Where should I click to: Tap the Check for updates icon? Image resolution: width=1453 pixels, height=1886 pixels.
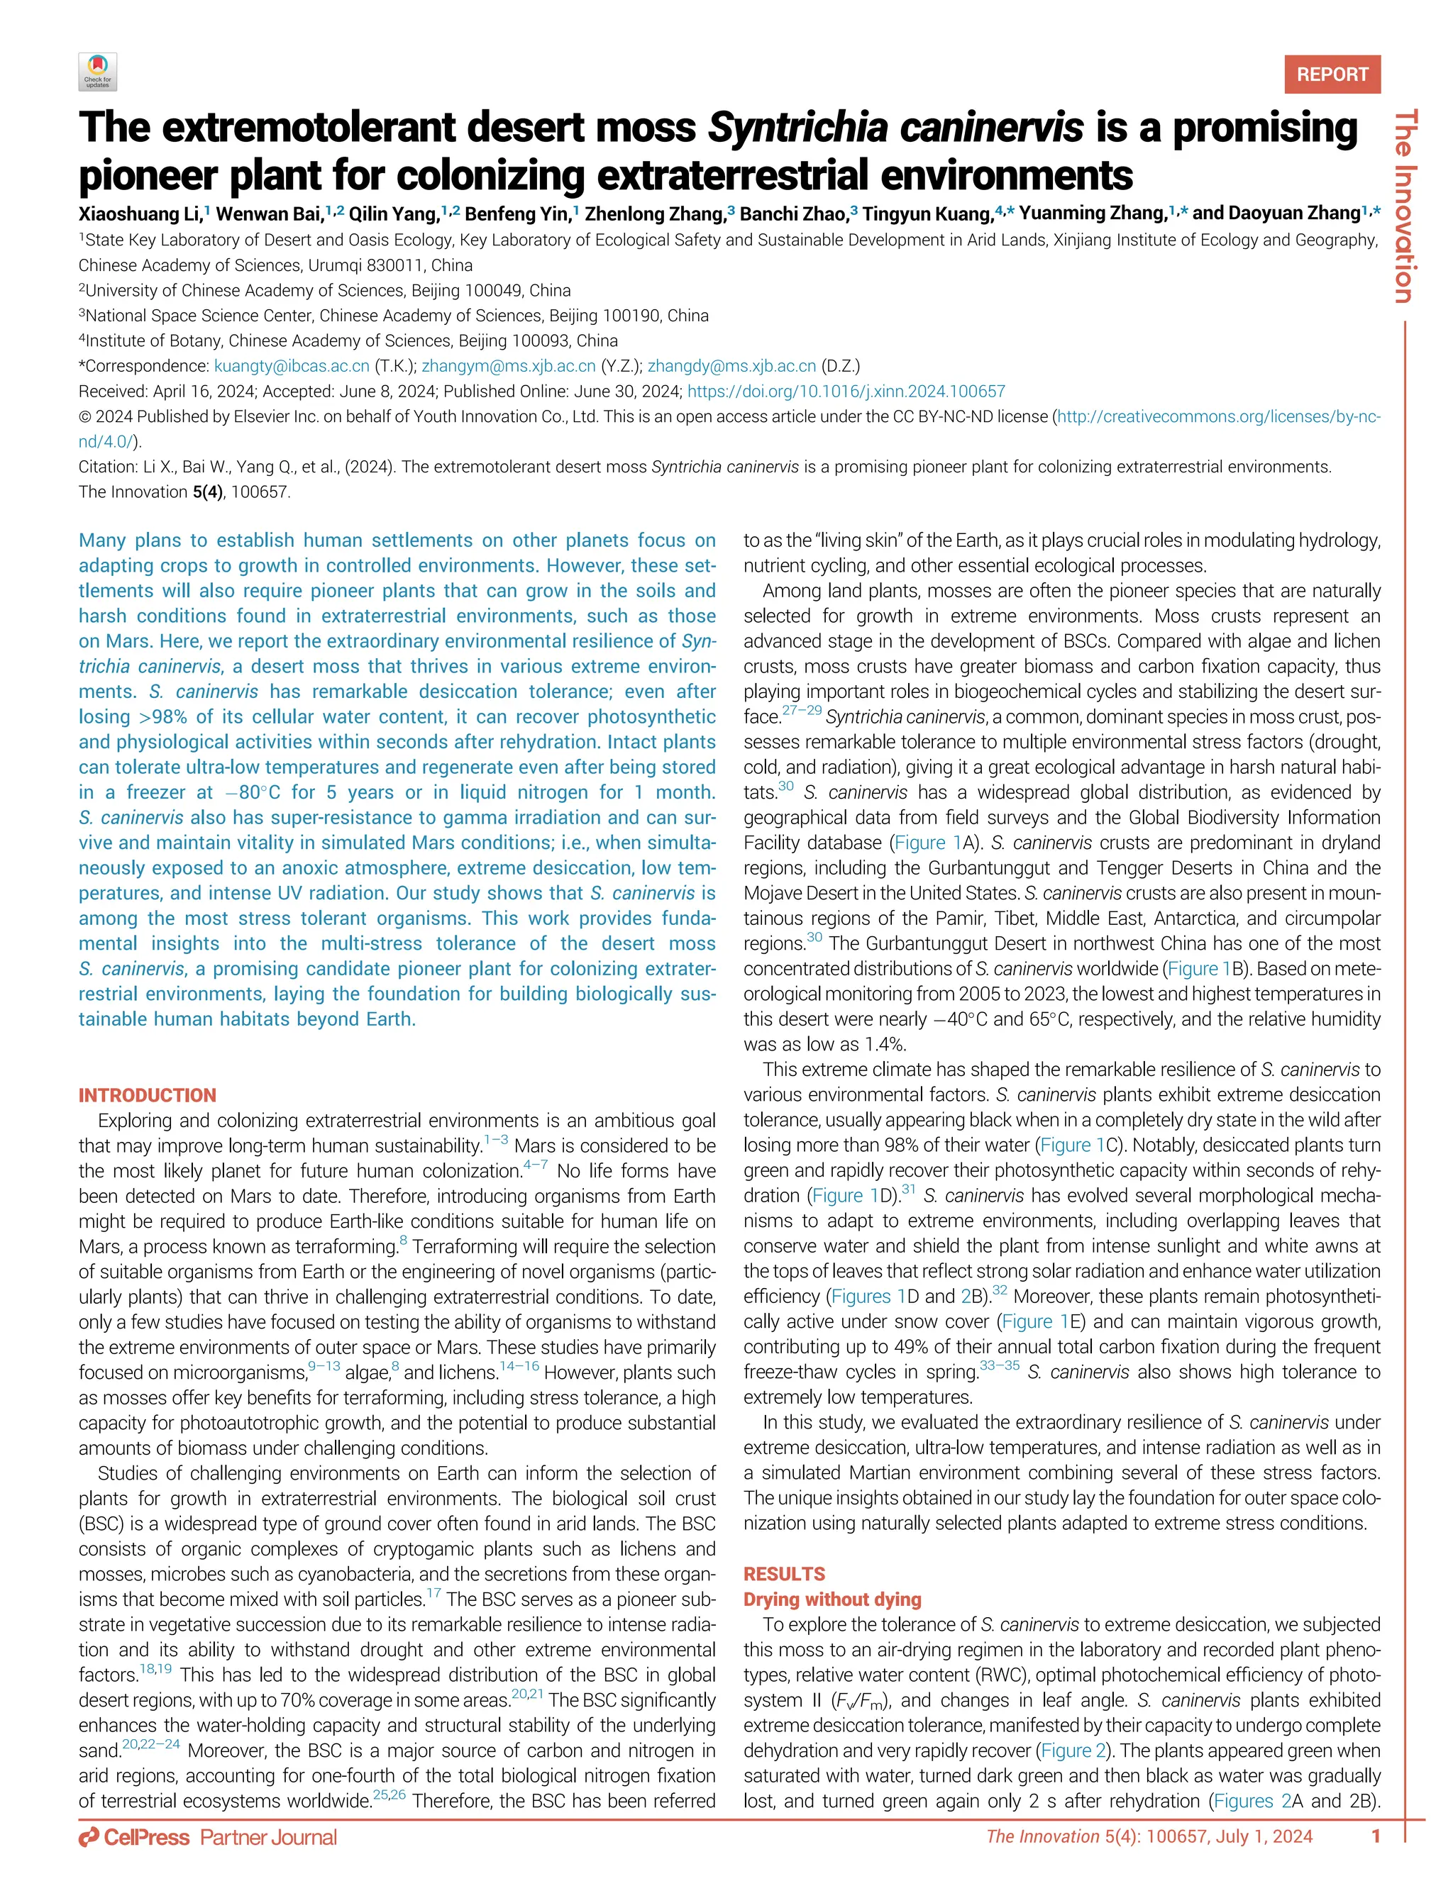(x=98, y=72)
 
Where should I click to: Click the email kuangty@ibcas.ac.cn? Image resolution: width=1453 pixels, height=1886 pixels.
(x=291, y=366)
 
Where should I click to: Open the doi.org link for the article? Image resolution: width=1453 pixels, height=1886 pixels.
(x=846, y=392)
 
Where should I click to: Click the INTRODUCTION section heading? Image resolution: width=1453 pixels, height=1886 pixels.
(x=147, y=1096)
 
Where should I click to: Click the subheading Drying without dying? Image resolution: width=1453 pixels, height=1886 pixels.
(x=832, y=1599)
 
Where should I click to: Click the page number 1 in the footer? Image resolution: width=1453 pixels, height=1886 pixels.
(x=1376, y=1836)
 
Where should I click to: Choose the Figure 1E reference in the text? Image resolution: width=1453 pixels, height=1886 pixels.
(x=1037, y=1322)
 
